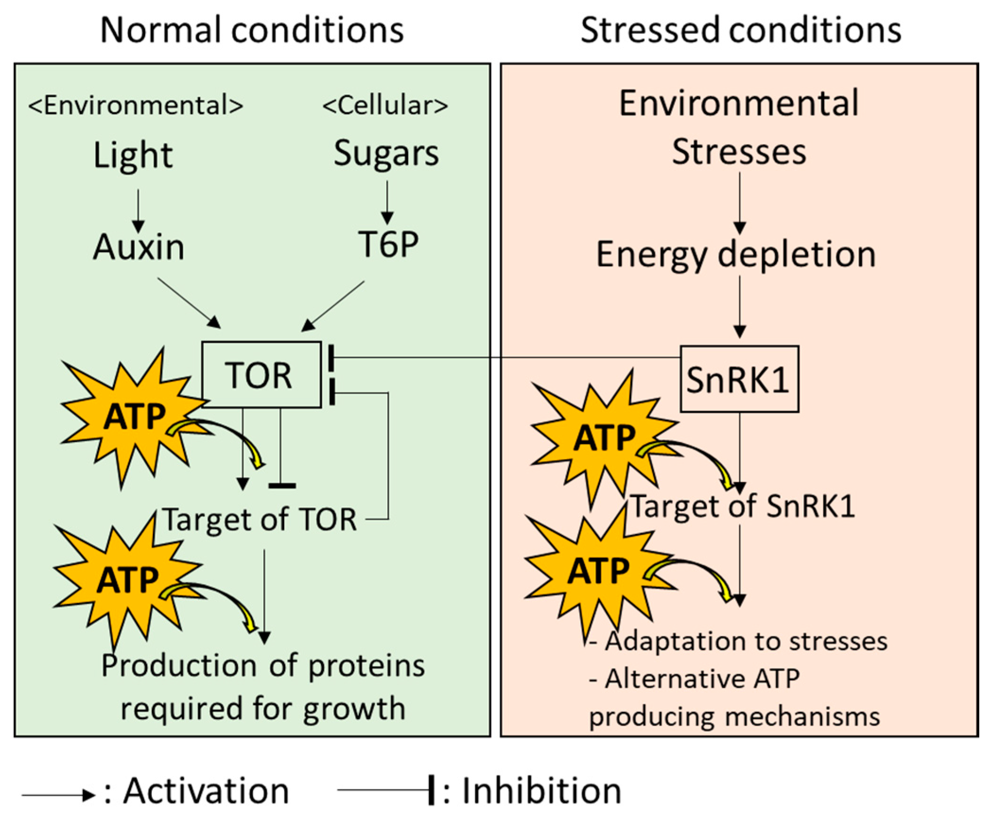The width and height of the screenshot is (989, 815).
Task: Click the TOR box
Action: point(261,374)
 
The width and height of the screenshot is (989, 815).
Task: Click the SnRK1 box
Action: point(739,379)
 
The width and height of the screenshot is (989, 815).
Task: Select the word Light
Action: point(133,155)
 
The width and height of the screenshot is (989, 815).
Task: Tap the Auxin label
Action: point(139,247)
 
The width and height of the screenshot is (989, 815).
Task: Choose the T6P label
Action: point(388,244)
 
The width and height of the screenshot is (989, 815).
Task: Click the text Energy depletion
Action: point(736,255)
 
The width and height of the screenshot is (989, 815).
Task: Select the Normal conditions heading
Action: point(252,30)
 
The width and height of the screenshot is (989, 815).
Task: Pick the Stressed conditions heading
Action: point(740,30)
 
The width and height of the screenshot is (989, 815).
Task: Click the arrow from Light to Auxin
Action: point(138,210)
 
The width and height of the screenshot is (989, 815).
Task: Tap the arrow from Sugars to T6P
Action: point(387,202)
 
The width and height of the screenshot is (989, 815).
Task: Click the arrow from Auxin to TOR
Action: point(189,303)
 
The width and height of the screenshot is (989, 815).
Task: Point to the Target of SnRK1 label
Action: point(743,506)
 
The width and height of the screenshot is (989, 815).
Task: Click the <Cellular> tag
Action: point(385,105)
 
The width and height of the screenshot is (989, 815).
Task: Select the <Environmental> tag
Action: point(136,105)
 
